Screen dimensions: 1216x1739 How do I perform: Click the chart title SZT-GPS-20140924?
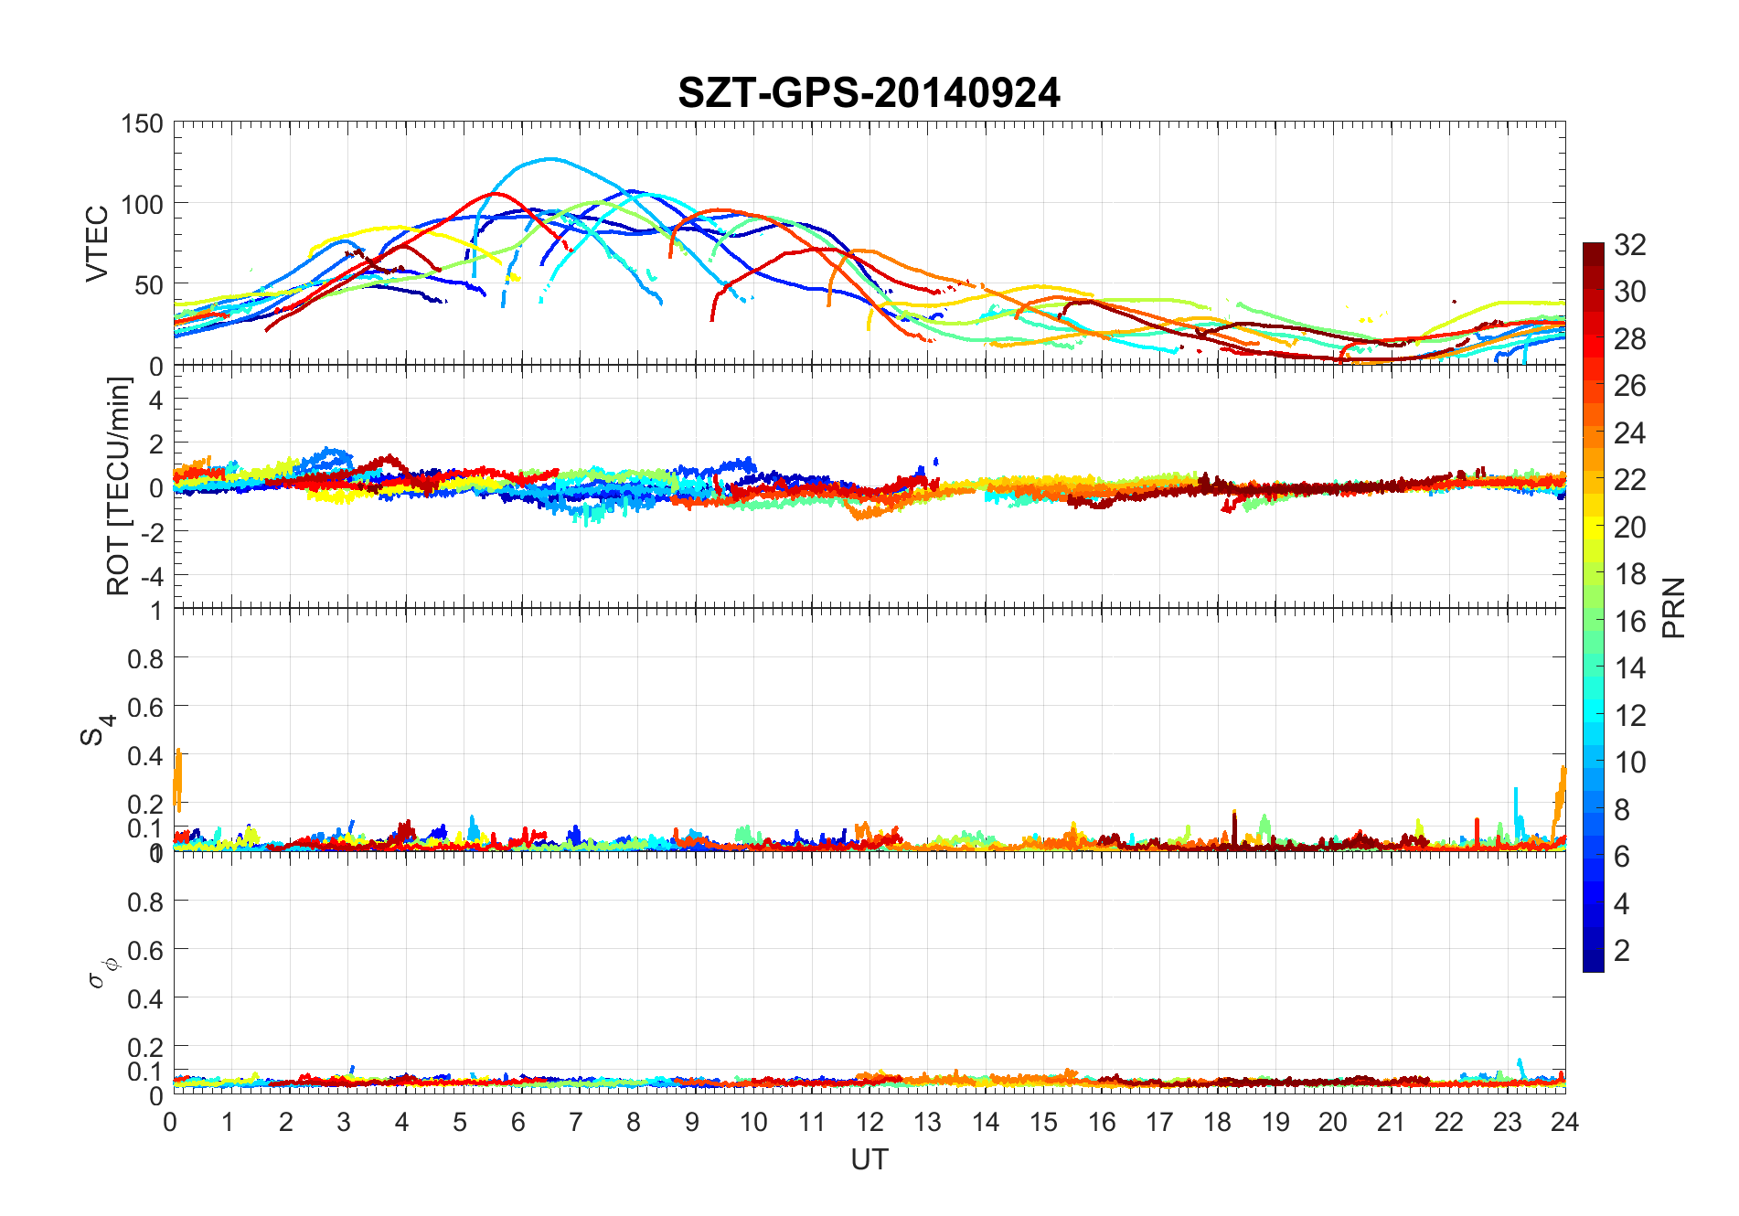tap(869, 93)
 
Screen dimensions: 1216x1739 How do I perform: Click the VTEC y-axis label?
tap(97, 243)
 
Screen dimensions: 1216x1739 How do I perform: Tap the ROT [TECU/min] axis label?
tap(119, 486)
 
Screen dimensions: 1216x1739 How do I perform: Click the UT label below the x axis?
tap(869, 1159)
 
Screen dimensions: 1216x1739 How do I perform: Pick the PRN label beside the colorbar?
tap(1673, 608)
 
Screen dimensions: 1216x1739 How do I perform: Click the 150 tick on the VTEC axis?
tap(142, 123)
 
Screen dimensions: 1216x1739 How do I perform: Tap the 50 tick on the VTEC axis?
tap(148, 285)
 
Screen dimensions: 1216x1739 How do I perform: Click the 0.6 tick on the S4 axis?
tap(144, 707)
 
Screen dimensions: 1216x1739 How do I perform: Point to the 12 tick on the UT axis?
tap(869, 1122)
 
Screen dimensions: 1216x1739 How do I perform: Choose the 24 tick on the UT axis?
tap(1564, 1122)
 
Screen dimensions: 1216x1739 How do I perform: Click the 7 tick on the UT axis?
tap(575, 1122)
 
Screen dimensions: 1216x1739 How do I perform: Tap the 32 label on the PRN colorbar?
tap(1630, 244)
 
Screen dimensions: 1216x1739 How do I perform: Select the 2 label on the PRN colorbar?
tap(1622, 950)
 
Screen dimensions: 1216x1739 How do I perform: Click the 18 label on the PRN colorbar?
tap(1630, 573)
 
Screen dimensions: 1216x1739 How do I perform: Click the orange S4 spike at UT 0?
tap(178, 777)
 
